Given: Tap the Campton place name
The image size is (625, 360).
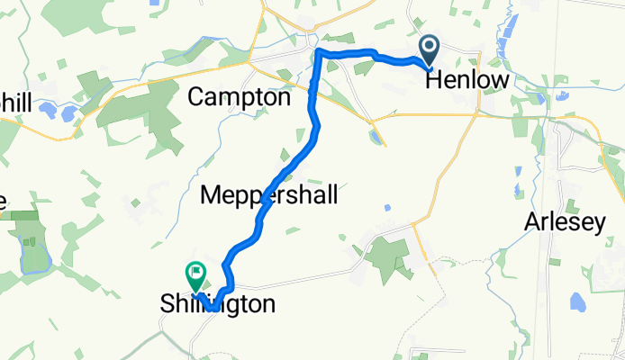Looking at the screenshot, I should pyautogui.click(x=239, y=97).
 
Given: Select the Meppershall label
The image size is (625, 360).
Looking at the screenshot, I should pyautogui.click(x=269, y=194).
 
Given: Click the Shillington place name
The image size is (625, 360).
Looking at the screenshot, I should pyautogui.click(x=217, y=305).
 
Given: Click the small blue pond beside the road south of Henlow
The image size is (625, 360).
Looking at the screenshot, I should pyautogui.click(x=374, y=136).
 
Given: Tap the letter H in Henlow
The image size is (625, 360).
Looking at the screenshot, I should pyautogui.click(x=433, y=81).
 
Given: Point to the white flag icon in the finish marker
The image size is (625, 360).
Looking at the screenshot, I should pyautogui.click(x=195, y=269).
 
